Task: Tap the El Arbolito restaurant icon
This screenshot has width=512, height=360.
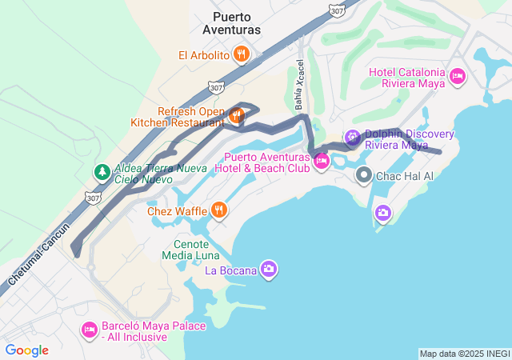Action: [242, 55]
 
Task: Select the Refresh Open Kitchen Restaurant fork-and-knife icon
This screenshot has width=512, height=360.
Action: [236, 116]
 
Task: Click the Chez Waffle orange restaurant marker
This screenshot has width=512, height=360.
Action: [219, 210]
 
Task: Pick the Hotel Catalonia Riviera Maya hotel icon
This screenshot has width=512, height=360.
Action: [457, 77]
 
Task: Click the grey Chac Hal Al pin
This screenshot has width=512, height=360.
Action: [364, 175]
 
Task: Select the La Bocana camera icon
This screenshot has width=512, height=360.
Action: [269, 270]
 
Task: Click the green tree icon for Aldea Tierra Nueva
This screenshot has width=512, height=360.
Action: [102, 171]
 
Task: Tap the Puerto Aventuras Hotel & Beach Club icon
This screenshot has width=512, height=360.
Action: [322, 162]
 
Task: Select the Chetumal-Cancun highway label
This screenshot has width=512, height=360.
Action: [39, 252]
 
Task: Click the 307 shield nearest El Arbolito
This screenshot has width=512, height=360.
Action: [214, 86]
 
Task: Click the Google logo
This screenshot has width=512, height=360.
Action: [26, 350]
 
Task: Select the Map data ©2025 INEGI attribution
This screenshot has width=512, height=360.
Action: [463, 354]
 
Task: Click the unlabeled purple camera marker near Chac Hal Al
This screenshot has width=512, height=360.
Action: [383, 212]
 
